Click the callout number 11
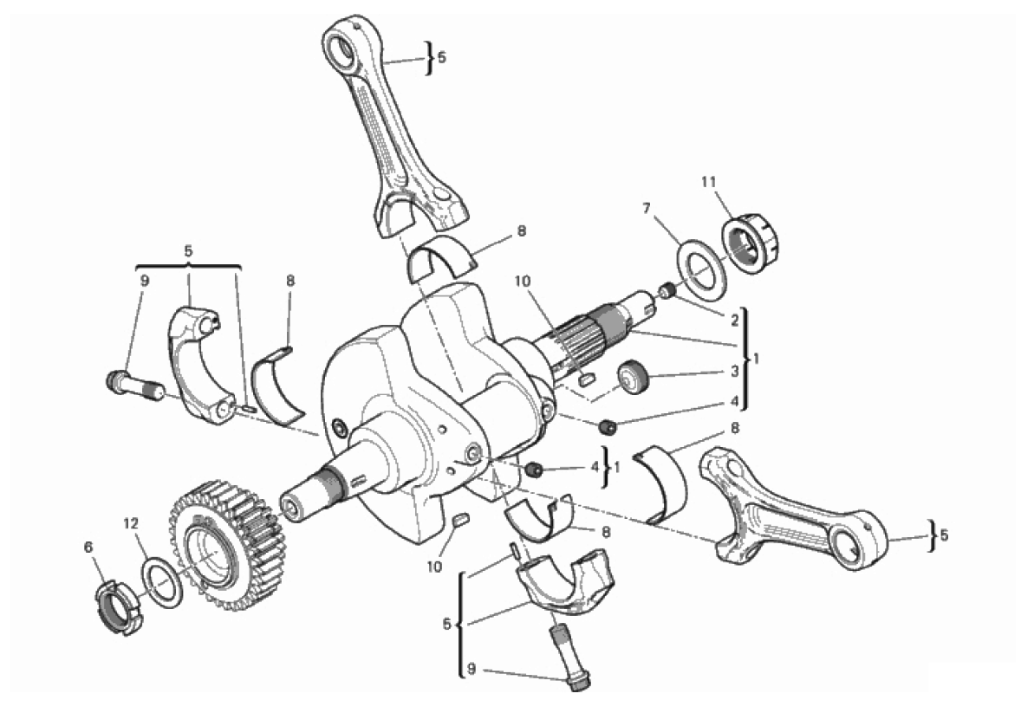point(709,181)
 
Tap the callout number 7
point(647,209)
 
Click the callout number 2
point(734,321)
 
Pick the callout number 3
point(734,372)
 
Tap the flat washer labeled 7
point(703,266)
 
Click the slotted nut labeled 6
point(117,606)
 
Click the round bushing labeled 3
point(634,378)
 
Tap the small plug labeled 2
point(667,290)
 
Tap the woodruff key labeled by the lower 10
point(461,521)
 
